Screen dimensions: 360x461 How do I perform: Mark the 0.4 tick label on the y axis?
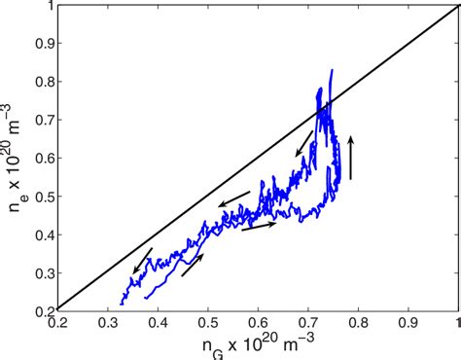(44, 234)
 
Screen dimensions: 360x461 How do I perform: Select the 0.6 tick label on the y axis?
(44, 158)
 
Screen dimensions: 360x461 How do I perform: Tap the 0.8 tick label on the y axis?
(44, 82)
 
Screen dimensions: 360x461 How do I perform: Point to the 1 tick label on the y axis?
(50, 7)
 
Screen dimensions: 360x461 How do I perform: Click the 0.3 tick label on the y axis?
(44, 271)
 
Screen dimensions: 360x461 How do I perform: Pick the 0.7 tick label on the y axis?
(44, 120)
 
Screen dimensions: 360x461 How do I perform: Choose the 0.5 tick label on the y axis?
(44, 196)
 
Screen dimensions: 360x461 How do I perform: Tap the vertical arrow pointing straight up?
(351, 159)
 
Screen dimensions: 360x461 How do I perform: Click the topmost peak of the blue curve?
(332, 70)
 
